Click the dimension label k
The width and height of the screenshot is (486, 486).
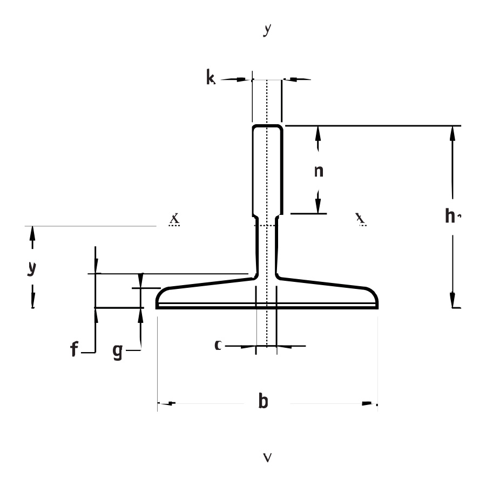pos(210,78)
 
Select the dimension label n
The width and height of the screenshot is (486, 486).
pos(319,171)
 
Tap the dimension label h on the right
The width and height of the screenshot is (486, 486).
pos(450,216)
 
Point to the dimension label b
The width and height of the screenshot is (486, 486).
pos(263,402)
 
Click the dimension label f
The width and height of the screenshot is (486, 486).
pos(74,350)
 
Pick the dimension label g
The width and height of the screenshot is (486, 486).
pos(117,352)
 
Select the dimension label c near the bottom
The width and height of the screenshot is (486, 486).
pos(218,345)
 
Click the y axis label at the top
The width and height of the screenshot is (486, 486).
pos(267,30)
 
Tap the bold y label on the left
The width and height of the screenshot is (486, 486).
pos(32,268)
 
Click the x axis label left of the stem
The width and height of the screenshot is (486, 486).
pos(174,218)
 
